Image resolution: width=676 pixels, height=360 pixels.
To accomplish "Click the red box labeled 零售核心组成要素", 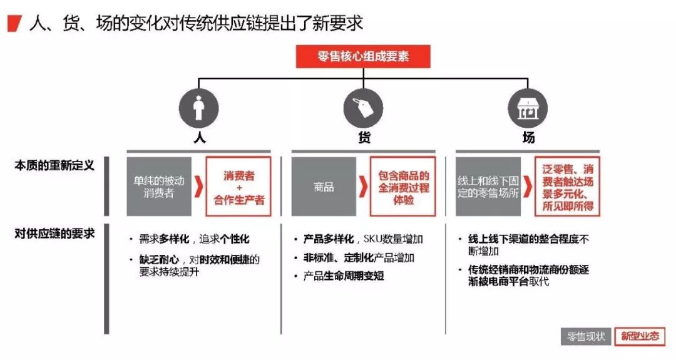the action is pyautogui.click(x=363, y=56).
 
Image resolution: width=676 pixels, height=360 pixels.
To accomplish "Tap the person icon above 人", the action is pyautogui.click(x=198, y=108).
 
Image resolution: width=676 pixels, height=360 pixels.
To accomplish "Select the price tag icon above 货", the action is pyautogui.click(x=363, y=108).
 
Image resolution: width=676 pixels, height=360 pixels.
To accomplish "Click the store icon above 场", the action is pyautogui.click(x=528, y=108).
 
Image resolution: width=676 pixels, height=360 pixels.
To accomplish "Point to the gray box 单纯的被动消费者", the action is pyautogui.click(x=159, y=187).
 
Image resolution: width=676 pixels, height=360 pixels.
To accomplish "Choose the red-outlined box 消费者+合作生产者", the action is pyautogui.click(x=238, y=187).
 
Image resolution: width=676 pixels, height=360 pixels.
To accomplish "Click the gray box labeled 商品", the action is pyautogui.click(x=324, y=187).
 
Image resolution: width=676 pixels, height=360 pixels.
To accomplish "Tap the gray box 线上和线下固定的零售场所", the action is pyautogui.click(x=488, y=187).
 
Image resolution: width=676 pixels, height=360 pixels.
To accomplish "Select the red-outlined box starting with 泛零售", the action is pyautogui.click(x=567, y=187).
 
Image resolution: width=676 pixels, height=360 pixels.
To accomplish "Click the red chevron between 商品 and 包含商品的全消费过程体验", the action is pyautogui.click(x=364, y=187).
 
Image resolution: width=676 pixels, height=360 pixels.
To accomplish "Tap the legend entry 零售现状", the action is pyautogui.click(x=585, y=336).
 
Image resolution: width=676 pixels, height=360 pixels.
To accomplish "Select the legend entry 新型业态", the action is pyautogui.click(x=640, y=336).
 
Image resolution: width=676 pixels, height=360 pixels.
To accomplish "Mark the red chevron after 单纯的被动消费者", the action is pyautogui.click(x=199, y=187).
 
